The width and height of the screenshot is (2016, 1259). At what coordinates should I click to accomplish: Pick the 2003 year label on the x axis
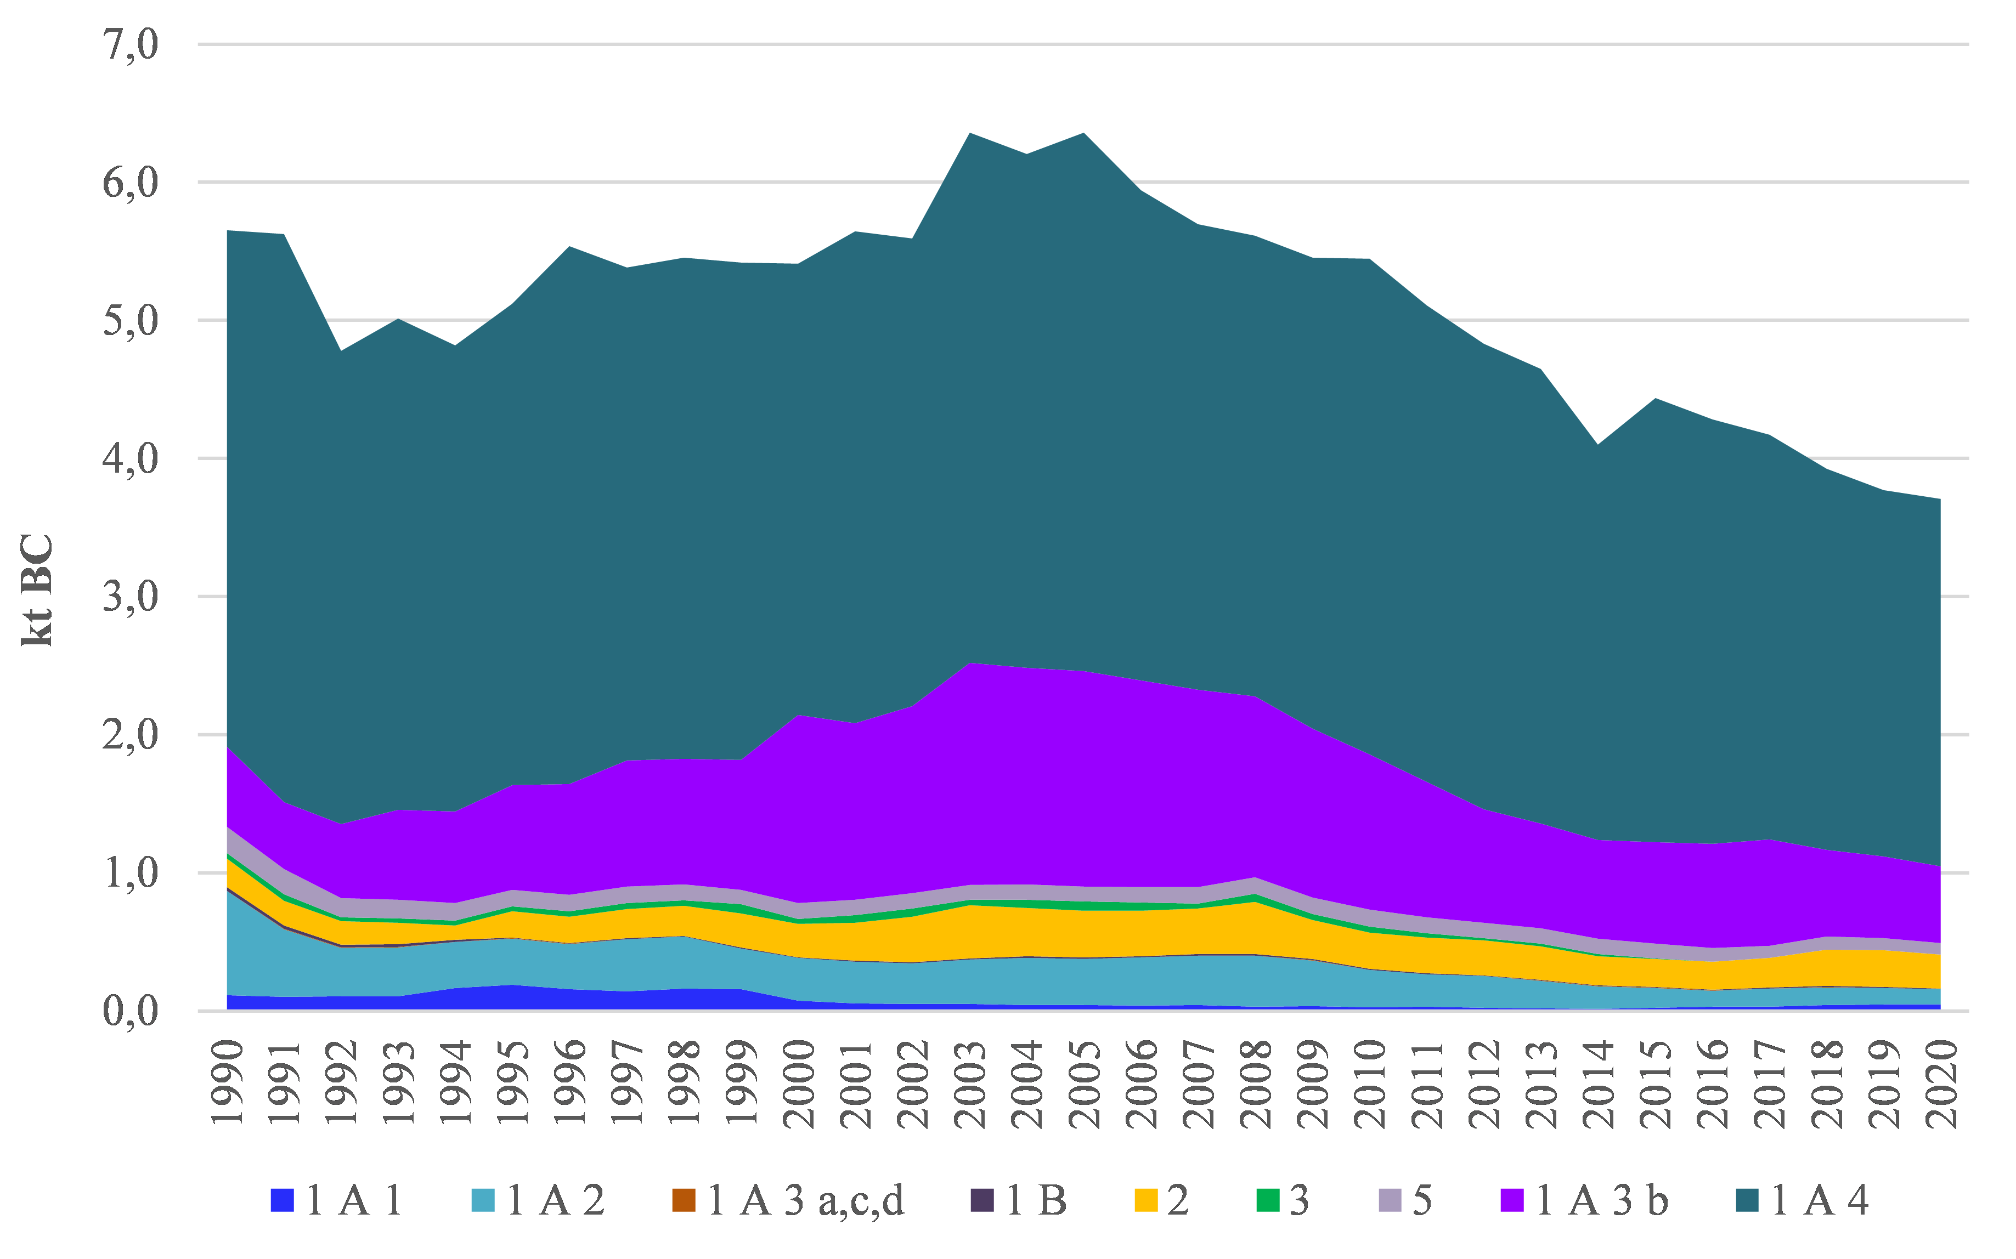click(970, 1082)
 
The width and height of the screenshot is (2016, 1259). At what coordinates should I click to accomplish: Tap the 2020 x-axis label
click(1941, 1082)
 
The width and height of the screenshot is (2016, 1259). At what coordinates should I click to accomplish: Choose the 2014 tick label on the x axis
click(1598, 1082)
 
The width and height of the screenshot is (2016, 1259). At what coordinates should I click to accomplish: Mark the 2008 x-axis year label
click(1256, 1082)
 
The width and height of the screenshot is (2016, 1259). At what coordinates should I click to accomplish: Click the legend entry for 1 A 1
click(337, 1200)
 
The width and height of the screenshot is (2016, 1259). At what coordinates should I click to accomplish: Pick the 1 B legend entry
click(1019, 1200)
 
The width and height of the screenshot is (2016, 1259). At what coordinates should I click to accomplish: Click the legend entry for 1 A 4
click(1803, 1200)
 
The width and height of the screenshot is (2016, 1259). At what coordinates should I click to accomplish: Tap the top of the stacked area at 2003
click(970, 133)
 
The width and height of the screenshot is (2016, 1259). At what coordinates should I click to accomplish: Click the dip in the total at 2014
click(1598, 445)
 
